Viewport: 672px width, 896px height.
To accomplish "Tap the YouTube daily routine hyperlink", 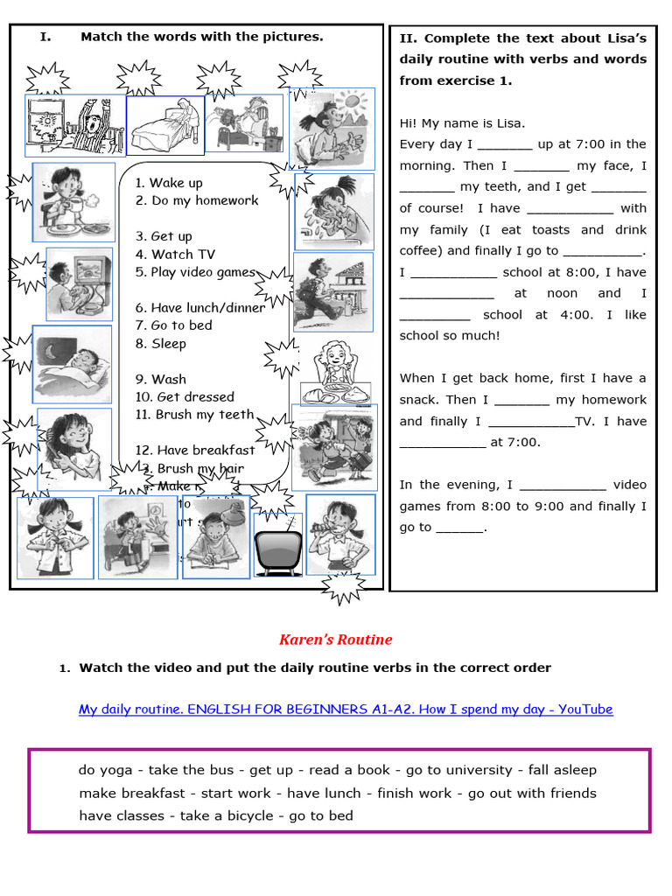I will point(346,709).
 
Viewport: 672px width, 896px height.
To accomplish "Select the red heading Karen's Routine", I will point(335,640).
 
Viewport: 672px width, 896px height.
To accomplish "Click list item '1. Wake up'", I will point(169,183).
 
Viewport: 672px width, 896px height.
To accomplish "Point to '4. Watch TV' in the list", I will point(175,255).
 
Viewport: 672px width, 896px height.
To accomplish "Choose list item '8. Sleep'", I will point(161,344).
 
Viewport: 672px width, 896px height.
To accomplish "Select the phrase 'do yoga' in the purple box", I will point(105,770).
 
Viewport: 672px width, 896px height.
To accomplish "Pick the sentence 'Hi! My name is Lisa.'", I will point(462,123).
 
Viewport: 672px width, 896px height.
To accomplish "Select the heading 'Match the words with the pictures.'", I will point(201,37).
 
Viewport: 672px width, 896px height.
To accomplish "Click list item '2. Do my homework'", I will point(197,200).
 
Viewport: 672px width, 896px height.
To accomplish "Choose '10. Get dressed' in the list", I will point(185,397).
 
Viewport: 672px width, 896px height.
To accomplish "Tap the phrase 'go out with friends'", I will point(532,793).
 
